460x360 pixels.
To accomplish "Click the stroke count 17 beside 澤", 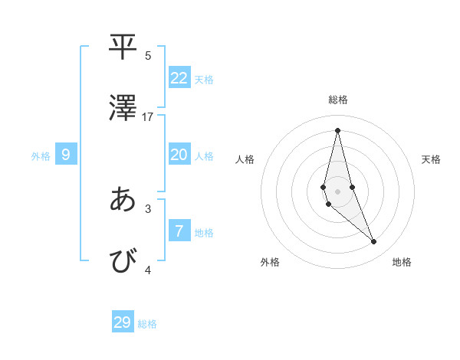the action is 148,117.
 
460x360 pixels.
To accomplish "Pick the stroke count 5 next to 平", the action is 148,55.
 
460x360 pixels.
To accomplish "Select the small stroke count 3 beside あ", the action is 148,208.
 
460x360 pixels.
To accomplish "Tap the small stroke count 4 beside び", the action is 148,270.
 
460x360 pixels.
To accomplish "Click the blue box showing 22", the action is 179,78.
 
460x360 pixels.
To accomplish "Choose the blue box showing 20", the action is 179,155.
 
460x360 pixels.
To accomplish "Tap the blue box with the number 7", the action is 179,231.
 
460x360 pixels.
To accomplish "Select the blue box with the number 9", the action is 66,155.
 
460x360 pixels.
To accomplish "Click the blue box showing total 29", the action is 123,322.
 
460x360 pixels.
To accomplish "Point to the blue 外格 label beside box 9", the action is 41,156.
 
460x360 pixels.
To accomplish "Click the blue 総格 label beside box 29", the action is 147,324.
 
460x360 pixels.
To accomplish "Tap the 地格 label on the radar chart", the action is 402,262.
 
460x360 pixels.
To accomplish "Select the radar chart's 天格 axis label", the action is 431,159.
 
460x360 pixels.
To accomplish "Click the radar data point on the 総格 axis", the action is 337,130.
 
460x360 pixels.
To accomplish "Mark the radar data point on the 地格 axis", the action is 374,242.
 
